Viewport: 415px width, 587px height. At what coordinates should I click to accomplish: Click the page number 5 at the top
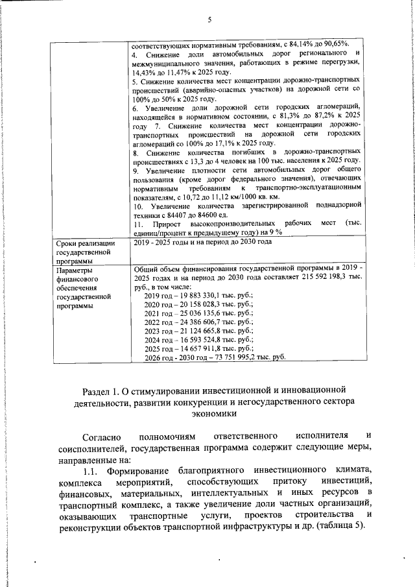(x=209, y=19)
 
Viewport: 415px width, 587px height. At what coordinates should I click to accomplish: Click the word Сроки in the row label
(x=67, y=243)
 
